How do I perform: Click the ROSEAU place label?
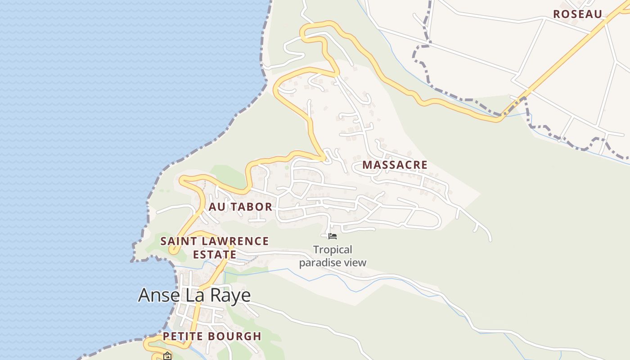pyautogui.click(x=577, y=14)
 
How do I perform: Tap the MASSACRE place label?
pyautogui.click(x=395, y=165)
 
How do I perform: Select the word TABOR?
pyautogui.click(x=252, y=207)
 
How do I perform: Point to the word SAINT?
pyautogui.click(x=178, y=241)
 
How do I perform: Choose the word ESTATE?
pyautogui.click(x=215, y=255)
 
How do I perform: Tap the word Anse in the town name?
pyautogui.click(x=157, y=295)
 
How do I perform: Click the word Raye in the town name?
pyautogui.click(x=229, y=296)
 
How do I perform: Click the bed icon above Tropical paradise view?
pyautogui.click(x=333, y=236)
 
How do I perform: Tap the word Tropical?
pyautogui.click(x=333, y=250)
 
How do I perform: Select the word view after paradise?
pyautogui.click(x=355, y=262)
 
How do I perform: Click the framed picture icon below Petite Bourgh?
pyautogui.click(x=167, y=356)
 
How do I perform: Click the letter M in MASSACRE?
pyautogui.click(x=367, y=165)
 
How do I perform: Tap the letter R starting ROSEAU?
pyautogui.click(x=557, y=14)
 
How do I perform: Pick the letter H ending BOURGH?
pyautogui.click(x=257, y=336)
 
